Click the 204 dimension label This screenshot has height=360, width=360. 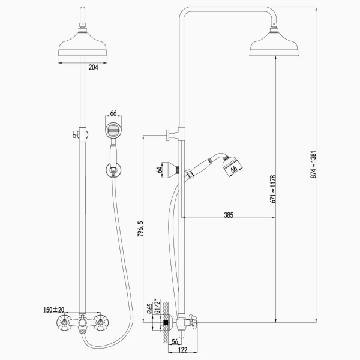93,67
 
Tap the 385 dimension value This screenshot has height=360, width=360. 229,215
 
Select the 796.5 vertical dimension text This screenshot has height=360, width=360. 140,229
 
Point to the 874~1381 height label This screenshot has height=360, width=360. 314,164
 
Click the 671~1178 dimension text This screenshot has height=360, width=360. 273,189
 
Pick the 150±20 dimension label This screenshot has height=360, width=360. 54,310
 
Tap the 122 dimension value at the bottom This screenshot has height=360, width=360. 183,350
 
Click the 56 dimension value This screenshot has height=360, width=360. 175,341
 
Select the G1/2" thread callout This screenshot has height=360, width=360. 157,306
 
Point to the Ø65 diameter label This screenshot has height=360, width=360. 150,308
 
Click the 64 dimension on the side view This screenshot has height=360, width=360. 159,170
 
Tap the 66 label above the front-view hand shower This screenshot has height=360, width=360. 113,113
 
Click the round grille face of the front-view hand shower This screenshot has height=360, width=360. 113,131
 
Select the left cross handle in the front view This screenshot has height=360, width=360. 64,323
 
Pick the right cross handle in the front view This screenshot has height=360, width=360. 101,323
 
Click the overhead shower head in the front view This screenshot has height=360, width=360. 82,47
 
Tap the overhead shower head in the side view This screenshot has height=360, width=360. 274,44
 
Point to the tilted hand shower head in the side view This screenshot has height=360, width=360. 232,166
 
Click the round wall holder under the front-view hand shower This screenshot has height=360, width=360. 113,170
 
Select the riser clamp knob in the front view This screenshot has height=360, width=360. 75,134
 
